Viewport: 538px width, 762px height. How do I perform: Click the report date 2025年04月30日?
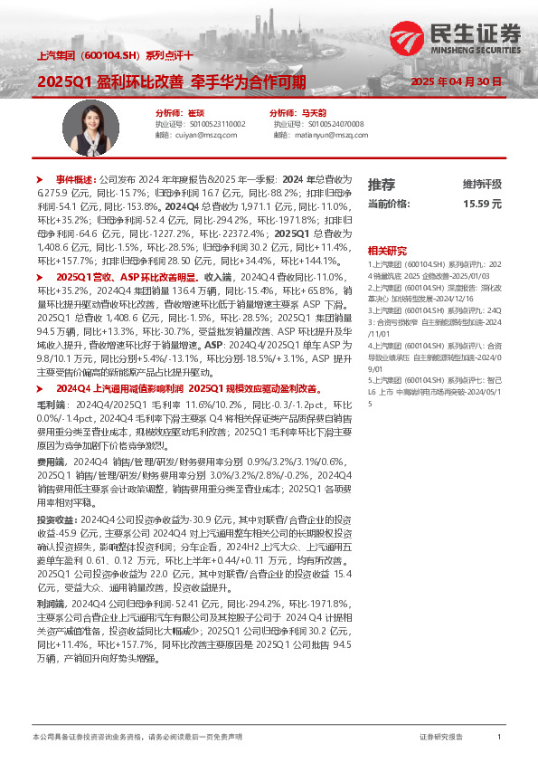pyautogui.click(x=456, y=81)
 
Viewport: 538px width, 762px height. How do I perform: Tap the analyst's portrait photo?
pyautogui.click(x=87, y=126)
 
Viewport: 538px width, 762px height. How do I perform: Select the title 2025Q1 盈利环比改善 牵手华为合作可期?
pyautogui.click(x=171, y=81)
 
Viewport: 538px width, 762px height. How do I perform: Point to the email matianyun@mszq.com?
pyautogui.click(x=330, y=134)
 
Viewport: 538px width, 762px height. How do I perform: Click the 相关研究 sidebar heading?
pyautogui.click(x=387, y=250)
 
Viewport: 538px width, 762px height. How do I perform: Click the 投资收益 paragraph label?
pyautogui.click(x=55, y=520)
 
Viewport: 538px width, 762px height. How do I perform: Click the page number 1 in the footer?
pyautogui.click(x=499, y=738)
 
